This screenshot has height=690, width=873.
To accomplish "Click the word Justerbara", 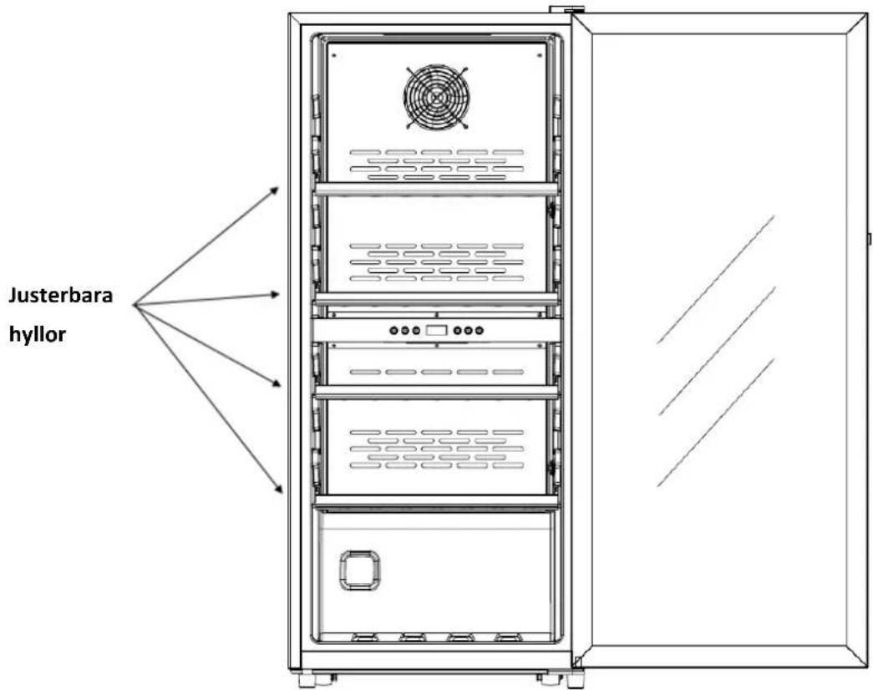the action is (60, 295).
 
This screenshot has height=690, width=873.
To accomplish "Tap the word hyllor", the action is (38, 335).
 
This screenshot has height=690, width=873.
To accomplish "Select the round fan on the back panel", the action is (436, 97).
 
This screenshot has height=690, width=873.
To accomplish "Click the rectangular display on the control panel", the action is (436, 330).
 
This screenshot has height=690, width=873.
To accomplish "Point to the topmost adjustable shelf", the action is (436, 189).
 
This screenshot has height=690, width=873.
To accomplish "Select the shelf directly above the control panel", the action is (436, 298).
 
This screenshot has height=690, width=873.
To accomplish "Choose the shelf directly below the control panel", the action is (436, 392).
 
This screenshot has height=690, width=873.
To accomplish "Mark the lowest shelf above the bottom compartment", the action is (436, 501).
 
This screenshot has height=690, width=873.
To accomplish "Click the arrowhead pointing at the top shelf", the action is (274, 190).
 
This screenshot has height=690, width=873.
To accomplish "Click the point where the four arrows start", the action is (135, 305).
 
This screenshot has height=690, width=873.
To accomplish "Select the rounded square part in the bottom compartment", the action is (360, 570).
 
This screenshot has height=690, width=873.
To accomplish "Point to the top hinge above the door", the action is (566, 9).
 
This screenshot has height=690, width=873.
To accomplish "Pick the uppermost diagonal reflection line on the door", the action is (715, 279).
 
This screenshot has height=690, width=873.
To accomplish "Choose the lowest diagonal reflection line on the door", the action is (715, 422).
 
